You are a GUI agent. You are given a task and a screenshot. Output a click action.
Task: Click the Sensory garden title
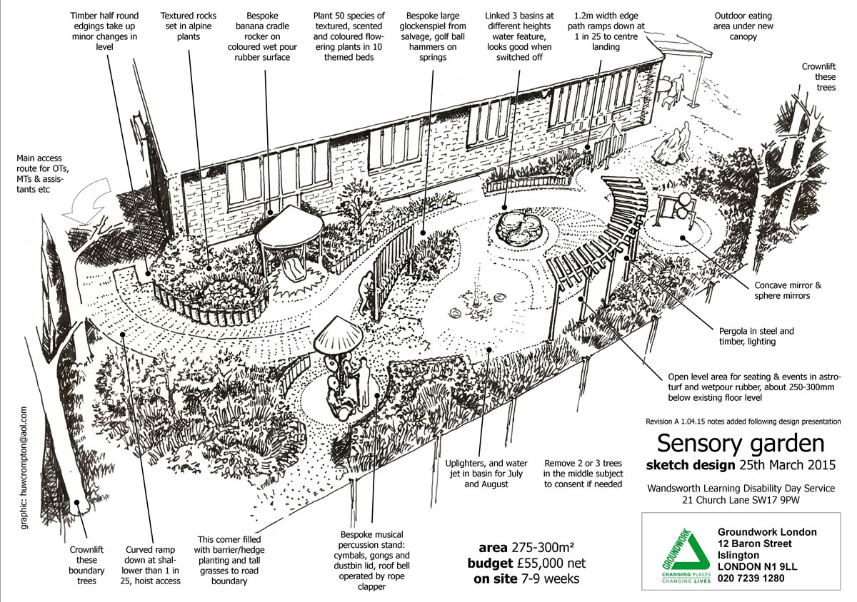(741, 444)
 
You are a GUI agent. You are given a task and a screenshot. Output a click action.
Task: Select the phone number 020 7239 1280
(751, 578)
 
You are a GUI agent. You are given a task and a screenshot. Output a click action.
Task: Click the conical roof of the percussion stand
(339, 335)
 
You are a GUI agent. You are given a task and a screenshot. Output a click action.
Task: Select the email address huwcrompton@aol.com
(24, 468)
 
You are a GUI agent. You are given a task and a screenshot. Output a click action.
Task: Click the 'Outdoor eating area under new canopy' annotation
(743, 26)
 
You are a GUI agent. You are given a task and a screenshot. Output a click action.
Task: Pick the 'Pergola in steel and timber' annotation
(756, 336)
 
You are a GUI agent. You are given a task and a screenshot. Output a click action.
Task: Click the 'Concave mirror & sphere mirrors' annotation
(787, 290)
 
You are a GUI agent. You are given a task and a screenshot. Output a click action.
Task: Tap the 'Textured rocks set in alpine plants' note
(189, 26)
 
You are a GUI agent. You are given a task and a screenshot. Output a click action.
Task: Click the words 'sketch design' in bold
(690, 465)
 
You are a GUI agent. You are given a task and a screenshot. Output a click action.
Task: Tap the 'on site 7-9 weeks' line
(526, 578)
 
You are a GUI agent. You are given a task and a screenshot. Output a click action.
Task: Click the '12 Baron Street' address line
(754, 544)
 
